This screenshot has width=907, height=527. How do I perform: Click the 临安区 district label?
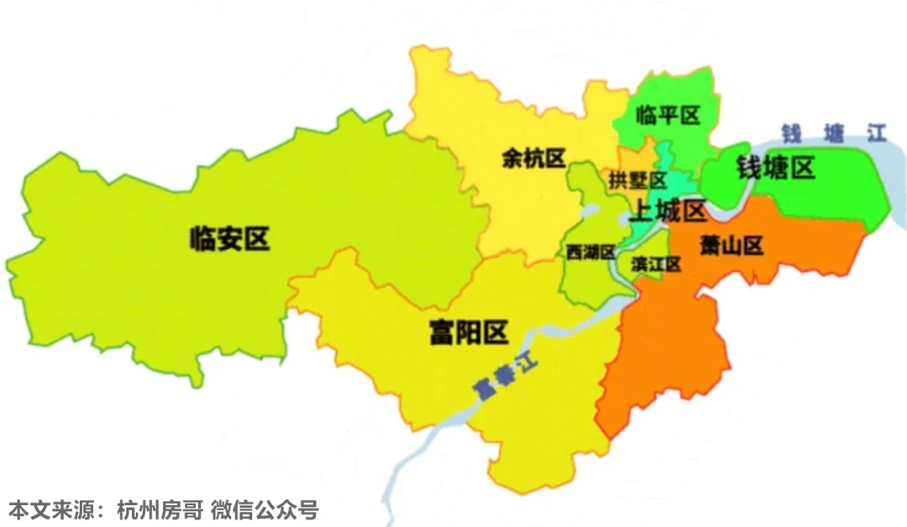pyautogui.click(x=229, y=239)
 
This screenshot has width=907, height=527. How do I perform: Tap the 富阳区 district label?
pyautogui.click(x=468, y=333)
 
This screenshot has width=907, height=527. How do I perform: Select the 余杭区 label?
pyautogui.click(x=533, y=158)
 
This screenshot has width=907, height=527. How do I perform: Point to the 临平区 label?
pyautogui.click(x=668, y=115)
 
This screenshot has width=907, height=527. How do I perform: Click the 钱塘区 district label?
pyautogui.click(x=775, y=169)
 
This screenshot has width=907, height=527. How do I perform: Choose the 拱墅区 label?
pyautogui.click(x=638, y=180)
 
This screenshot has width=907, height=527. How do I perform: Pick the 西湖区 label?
pyautogui.click(x=590, y=252)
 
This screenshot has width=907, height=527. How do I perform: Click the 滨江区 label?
pyautogui.click(x=654, y=263)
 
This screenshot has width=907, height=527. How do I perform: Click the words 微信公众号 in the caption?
pyautogui.click(x=265, y=509)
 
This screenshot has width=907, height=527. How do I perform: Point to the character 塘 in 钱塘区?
pyautogui.click(x=775, y=169)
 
